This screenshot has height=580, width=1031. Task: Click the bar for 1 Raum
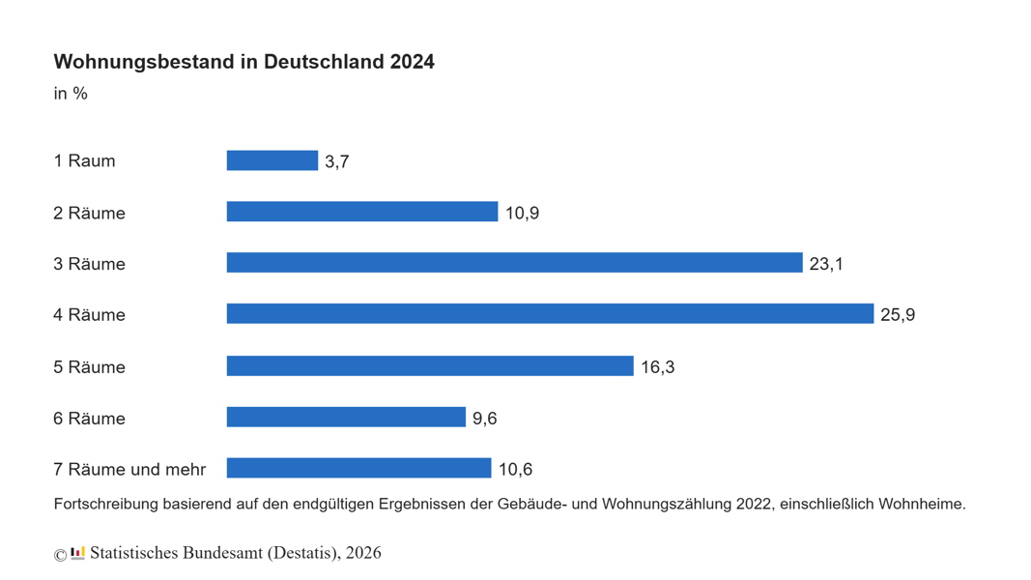pyautogui.click(x=272, y=160)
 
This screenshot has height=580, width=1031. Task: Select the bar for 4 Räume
pyautogui.click(x=550, y=314)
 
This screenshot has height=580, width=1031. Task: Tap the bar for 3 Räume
pyautogui.click(x=514, y=263)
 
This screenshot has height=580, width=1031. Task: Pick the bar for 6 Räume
pyautogui.click(x=346, y=418)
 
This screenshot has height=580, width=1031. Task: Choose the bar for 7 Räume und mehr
pyautogui.click(x=358, y=469)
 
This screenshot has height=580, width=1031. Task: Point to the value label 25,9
pyautogui.click(x=898, y=315)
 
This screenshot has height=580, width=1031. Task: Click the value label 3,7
pyautogui.click(x=337, y=162)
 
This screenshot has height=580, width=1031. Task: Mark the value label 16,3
pyautogui.click(x=657, y=367)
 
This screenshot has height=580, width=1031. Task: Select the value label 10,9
pyautogui.click(x=522, y=214)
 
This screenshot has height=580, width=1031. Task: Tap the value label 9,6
pyautogui.click(x=484, y=419)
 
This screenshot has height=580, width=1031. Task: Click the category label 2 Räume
pyautogui.click(x=89, y=214)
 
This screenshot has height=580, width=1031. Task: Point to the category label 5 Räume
pyautogui.click(x=89, y=367)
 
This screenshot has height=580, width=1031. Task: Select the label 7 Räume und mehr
pyautogui.click(x=129, y=470)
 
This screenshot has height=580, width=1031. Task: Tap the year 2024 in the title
pyautogui.click(x=412, y=62)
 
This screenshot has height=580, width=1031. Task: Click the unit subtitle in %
pyautogui.click(x=71, y=94)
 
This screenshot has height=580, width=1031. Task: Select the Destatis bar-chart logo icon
pyautogui.click(x=77, y=553)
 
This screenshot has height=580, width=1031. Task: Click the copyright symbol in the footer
pyautogui.click(x=60, y=555)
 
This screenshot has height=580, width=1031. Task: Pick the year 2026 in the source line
pyautogui.click(x=363, y=553)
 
